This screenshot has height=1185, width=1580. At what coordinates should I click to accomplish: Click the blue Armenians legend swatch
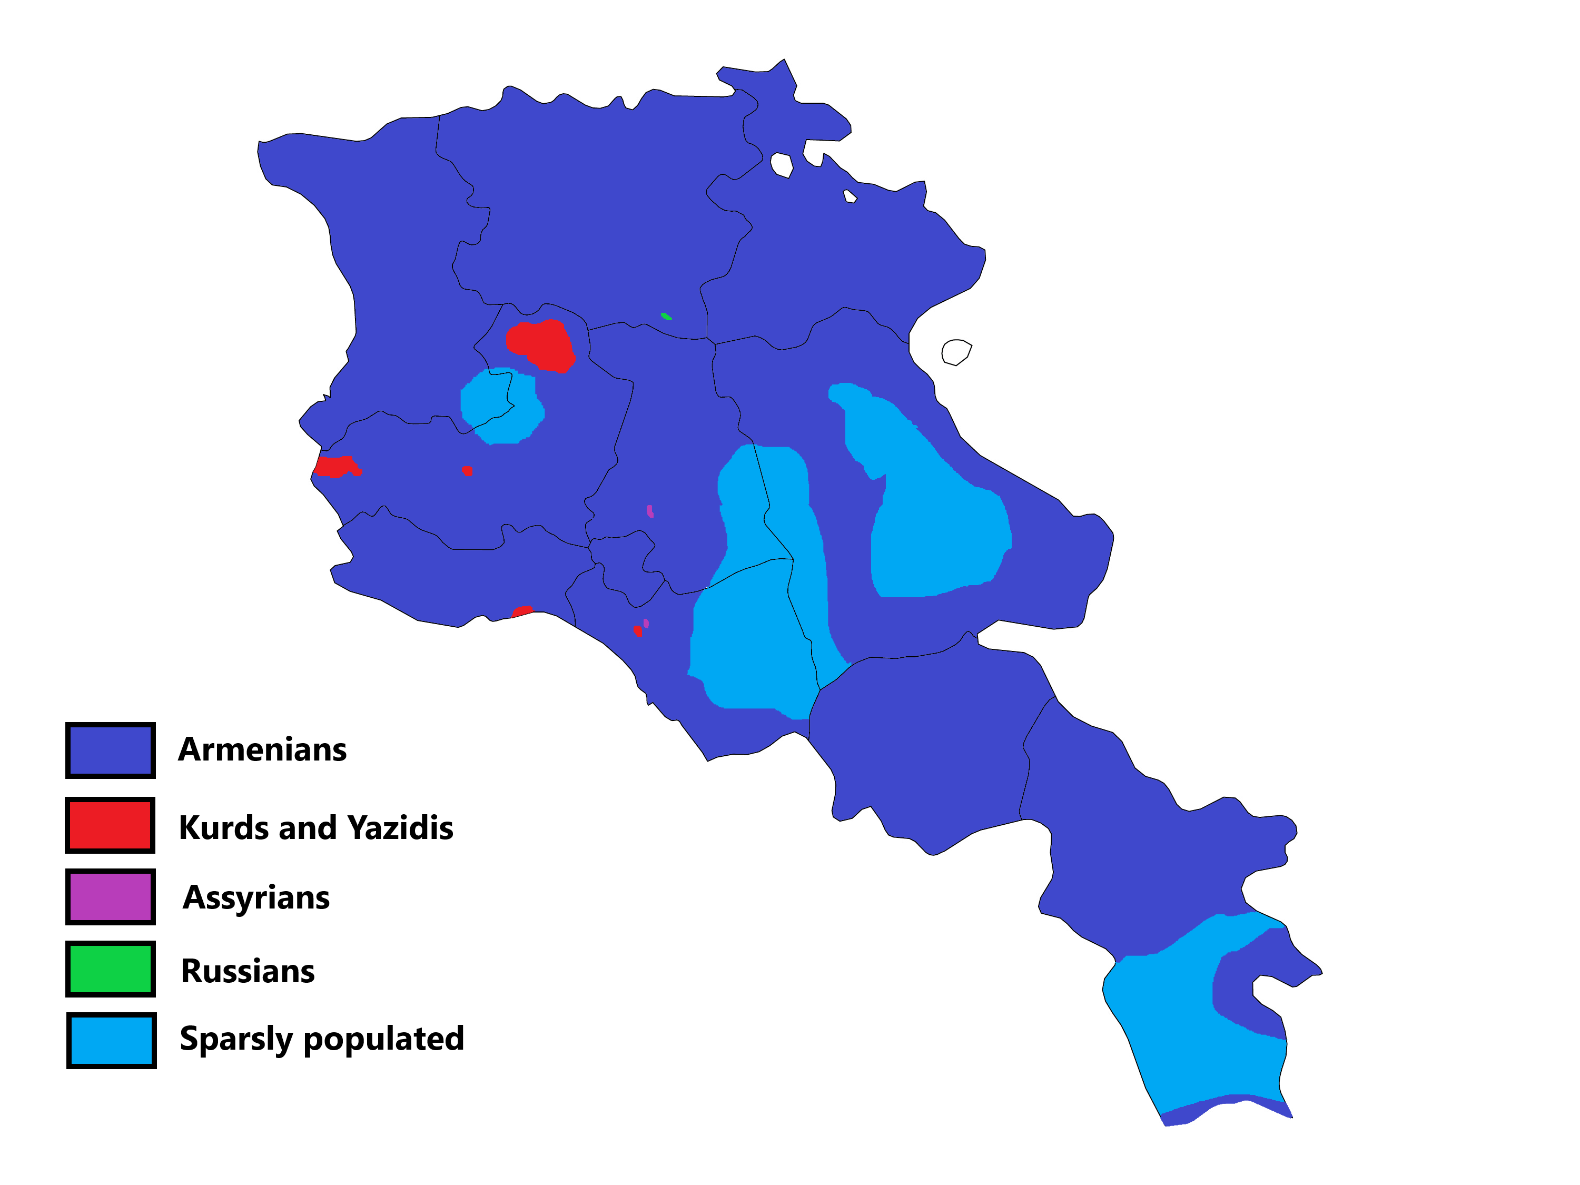click(111, 749)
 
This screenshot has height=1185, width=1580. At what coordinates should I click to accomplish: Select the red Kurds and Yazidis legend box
click(110, 825)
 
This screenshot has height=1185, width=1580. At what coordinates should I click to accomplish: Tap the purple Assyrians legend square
click(110, 896)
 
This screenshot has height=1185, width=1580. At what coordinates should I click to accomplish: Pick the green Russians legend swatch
click(110, 969)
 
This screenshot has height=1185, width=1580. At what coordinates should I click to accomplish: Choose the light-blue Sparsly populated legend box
click(111, 1040)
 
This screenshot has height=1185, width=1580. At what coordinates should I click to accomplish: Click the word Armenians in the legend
click(262, 750)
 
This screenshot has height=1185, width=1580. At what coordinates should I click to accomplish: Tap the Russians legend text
click(248, 971)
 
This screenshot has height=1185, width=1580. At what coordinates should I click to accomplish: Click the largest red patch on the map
click(541, 345)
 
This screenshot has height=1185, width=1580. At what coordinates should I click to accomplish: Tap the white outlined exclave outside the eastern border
click(956, 351)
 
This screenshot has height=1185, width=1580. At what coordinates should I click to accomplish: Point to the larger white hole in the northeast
click(782, 165)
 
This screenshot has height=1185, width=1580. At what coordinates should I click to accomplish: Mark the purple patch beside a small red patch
click(646, 624)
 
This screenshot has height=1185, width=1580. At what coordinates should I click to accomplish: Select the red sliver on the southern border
click(521, 611)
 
